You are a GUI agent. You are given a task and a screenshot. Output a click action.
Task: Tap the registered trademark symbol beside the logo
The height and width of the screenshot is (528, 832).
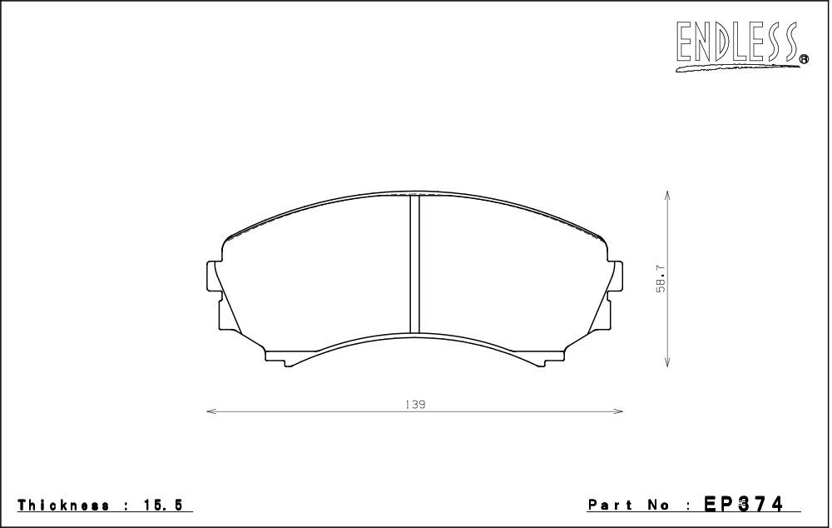(804, 59)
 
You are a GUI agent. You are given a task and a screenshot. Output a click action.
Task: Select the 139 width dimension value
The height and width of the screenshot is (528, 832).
(415, 405)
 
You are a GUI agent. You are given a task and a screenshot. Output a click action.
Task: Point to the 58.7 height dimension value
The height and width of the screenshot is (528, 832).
(661, 279)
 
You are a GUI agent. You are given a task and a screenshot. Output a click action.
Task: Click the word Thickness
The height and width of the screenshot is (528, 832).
(64, 506)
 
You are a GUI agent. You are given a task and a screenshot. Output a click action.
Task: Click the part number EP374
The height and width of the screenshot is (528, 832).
(743, 504)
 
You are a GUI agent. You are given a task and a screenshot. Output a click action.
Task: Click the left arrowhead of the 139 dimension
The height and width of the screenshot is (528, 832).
(210, 411)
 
